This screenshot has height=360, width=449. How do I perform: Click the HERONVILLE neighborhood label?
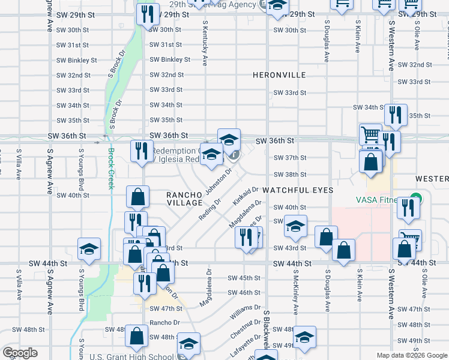(x=279, y=75)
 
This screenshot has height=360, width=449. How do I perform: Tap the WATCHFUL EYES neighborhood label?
(x=297, y=190)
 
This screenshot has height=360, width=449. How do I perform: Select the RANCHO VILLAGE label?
(x=184, y=199)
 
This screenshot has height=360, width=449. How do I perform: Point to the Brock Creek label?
(x=110, y=169)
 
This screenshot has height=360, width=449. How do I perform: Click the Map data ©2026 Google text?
(x=412, y=355)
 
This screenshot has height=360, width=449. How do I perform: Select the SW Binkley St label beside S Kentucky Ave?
(x=170, y=59)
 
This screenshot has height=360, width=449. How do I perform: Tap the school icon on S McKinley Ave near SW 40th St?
(x=295, y=226)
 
